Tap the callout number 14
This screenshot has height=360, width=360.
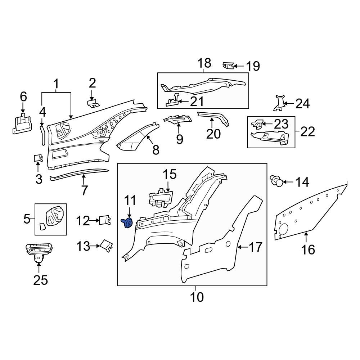tap(302, 182)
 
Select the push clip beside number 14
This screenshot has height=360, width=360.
tap(276, 180)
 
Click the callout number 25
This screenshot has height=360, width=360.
tap(40, 280)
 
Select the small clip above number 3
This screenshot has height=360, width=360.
tap(38, 158)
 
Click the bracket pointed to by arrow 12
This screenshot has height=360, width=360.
tap(105, 220)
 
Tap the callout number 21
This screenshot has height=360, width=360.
tap(197, 102)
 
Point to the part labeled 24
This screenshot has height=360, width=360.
tap(279, 103)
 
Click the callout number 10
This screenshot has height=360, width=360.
tap(197, 297)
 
